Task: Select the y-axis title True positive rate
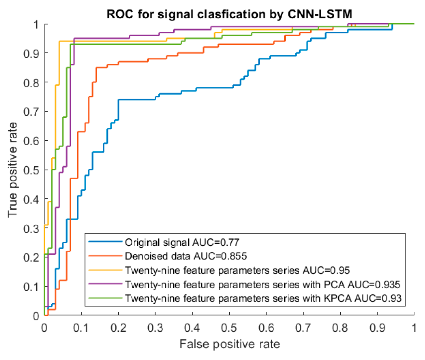[x=12, y=170]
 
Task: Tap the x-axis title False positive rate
[x=229, y=344]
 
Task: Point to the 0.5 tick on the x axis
[x=229, y=328]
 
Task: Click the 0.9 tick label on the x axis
[x=377, y=328]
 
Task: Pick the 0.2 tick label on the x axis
[x=118, y=328]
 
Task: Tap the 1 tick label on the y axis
[x=36, y=24]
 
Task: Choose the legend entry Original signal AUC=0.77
[x=182, y=242]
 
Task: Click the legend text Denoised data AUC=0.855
[x=186, y=256]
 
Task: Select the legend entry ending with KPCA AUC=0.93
[x=263, y=298]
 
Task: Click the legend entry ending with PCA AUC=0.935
[x=262, y=285]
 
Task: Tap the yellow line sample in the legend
[x=105, y=270]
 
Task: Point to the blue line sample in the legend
[x=105, y=242]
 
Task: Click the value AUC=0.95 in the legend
[x=326, y=270]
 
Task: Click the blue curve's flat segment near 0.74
[x=136, y=99]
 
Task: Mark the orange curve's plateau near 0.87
[x=133, y=62]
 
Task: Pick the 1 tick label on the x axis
[x=414, y=328]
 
